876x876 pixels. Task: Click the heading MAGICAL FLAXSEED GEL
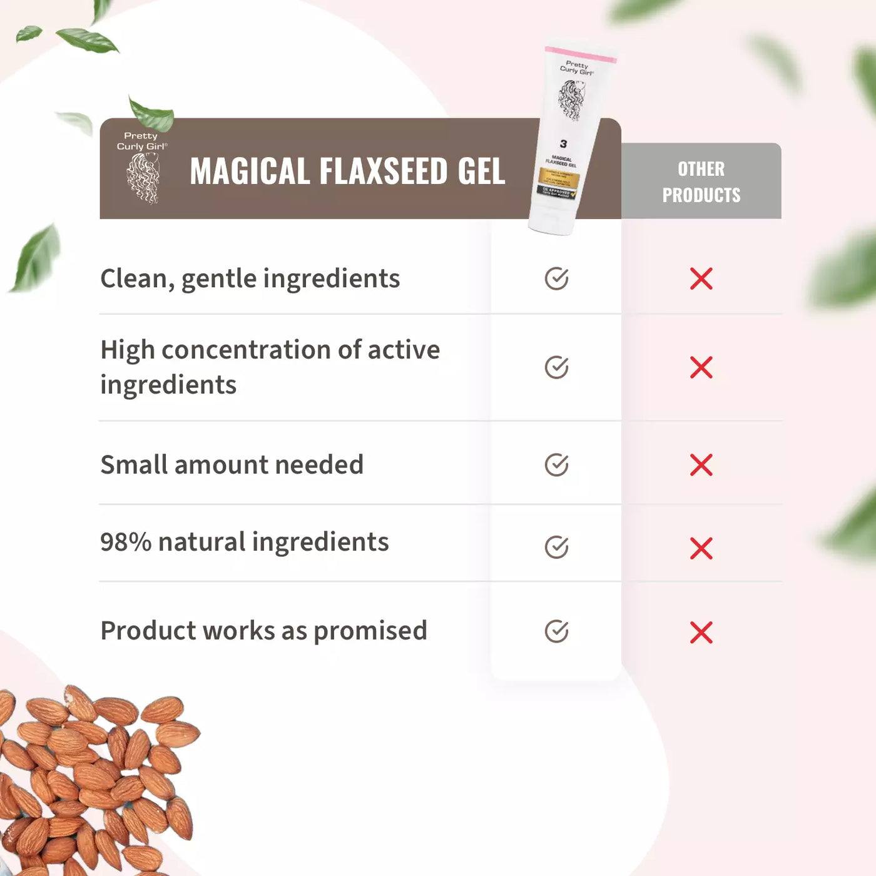tap(347, 171)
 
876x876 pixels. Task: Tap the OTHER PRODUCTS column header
tap(701, 181)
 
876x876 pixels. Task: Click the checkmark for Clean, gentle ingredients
tap(556, 278)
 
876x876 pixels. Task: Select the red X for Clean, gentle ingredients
tap(701, 278)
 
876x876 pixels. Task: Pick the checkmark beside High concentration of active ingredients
tap(556, 367)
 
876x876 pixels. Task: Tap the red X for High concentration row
tap(701, 367)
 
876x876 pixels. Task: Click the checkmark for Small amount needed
tap(556, 465)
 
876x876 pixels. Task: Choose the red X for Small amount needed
tap(701, 465)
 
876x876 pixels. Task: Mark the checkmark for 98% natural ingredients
tap(556, 547)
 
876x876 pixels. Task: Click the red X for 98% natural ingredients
tap(701, 548)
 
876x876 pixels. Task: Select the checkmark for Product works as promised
tap(556, 631)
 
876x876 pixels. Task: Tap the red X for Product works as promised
tap(701, 633)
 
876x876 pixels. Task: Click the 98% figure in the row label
tap(126, 542)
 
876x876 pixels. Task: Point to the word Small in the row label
tap(133, 465)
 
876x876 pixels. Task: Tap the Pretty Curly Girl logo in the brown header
tap(143, 168)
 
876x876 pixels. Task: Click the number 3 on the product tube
tap(563, 144)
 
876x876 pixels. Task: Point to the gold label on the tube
tap(559, 178)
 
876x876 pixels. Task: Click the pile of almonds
tap(94, 782)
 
